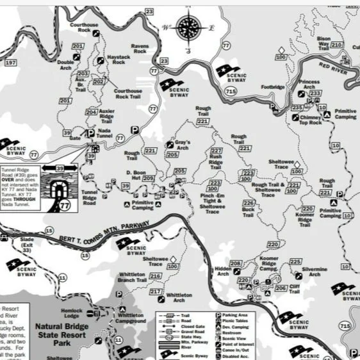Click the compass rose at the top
(189, 27)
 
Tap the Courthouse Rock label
(84, 28)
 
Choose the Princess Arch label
(308, 84)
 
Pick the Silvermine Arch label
(314, 273)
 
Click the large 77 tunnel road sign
(65, 206)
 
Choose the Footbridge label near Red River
(272, 86)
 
